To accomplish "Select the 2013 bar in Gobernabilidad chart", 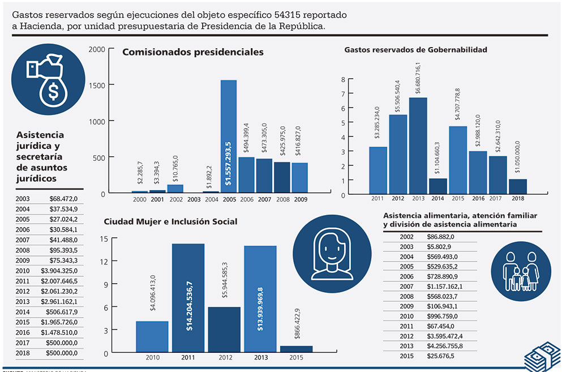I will click(x=418, y=146).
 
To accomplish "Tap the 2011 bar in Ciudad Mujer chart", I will click(x=188, y=298).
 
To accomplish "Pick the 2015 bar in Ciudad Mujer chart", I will click(x=296, y=349).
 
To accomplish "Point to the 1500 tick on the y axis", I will click(x=97, y=85).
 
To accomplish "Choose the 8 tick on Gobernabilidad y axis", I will click(x=343, y=79).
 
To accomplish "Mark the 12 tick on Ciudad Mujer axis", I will click(x=97, y=262).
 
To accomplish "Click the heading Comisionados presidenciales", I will click(x=193, y=52).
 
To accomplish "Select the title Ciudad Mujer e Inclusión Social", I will click(x=170, y=221).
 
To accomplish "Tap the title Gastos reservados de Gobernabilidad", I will click(x=415, y=50).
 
